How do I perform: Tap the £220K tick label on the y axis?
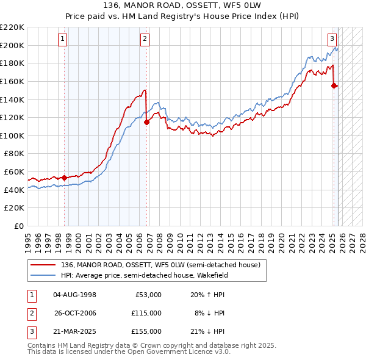pos(12,27)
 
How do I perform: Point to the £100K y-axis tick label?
pos(12,135)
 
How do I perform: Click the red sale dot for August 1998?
pos(64,178)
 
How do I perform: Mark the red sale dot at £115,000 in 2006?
pos(147,122)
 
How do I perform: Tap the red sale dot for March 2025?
pos(334,86)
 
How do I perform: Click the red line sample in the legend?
pos(44,265)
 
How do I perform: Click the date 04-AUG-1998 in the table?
pos(74,295)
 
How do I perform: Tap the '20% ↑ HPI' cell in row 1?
pos(207,295)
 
